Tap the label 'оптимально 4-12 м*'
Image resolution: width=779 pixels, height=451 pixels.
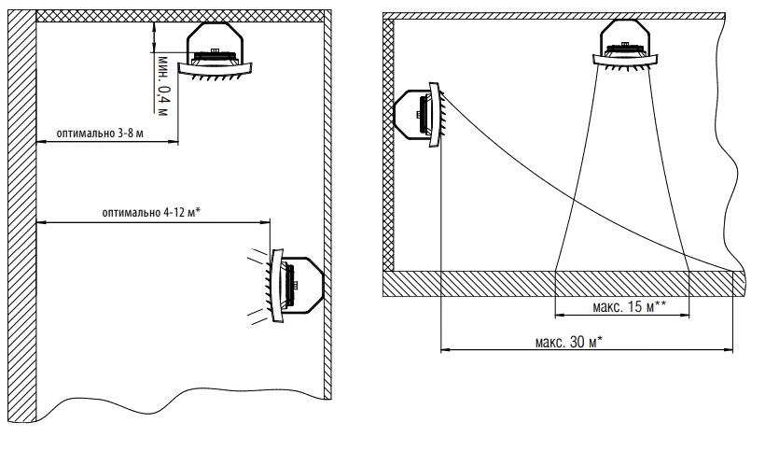coord(152,213)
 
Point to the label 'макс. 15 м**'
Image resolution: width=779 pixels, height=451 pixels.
coord(629,306)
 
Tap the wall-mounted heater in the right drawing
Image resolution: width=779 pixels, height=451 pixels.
coord(419,114)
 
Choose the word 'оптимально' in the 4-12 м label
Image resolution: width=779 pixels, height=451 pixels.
coord(132,213)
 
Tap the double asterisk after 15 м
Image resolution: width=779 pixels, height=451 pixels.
coord(660,304)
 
